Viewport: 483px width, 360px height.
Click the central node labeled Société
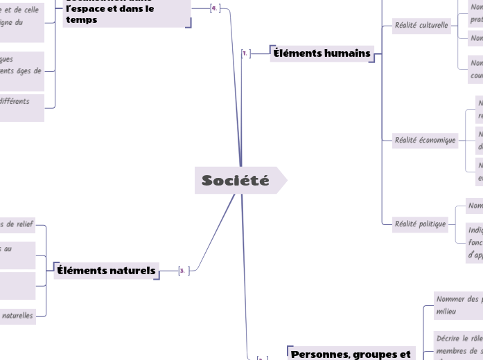[x=236, y=181]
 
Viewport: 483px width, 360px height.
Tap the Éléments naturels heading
[x=106, y=270]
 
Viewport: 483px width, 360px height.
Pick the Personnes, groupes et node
[x=351, y=354]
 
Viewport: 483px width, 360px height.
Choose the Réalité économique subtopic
[x=425, y=141]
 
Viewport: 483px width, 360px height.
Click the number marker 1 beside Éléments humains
[x=246, y=53]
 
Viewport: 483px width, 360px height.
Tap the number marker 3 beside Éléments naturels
[x=182, y=270]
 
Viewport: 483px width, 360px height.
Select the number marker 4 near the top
[x=214, y=8]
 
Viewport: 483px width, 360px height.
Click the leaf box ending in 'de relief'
[x=17, y=225]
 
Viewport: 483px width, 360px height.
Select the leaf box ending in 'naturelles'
[x=17, y=316]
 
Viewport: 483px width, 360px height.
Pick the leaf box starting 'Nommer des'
[x=457, y=305]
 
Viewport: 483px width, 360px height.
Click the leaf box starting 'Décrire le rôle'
[x=457, y=345]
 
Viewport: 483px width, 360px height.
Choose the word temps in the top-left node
[x=82, y=20]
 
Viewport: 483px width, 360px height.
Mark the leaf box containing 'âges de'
[x=21, y=71]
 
